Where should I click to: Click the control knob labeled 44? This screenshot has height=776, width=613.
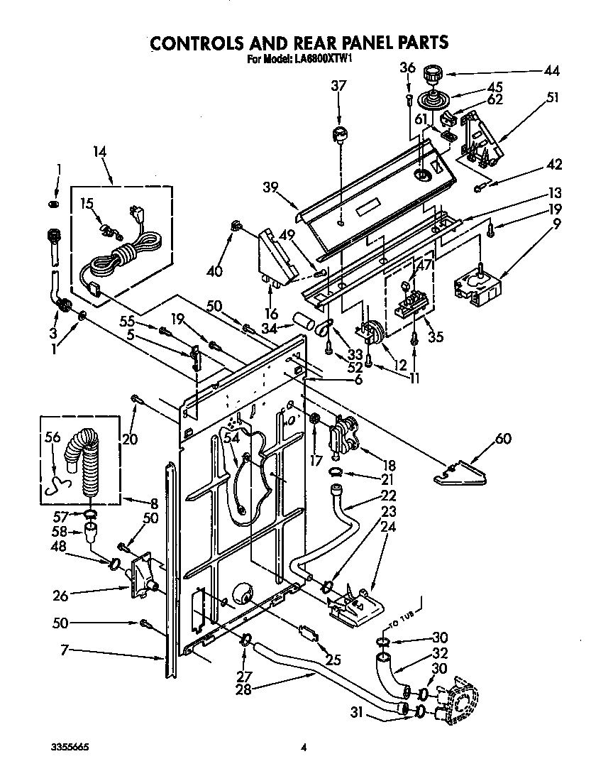coord(431,73)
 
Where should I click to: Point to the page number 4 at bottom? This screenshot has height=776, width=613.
coord(304,748)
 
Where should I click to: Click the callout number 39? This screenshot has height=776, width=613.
coord(269,187)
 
